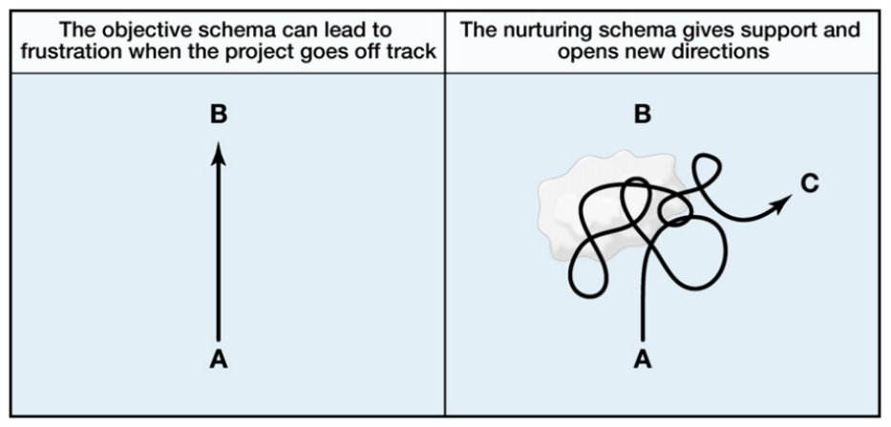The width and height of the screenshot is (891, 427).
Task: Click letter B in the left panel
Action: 219,115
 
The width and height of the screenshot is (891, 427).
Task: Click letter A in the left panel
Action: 219,360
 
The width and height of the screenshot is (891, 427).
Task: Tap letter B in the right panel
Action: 643,115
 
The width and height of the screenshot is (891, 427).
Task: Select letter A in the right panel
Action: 643,360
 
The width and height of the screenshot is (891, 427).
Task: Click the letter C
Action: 810,183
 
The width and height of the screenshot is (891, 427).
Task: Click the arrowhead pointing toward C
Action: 783,201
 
